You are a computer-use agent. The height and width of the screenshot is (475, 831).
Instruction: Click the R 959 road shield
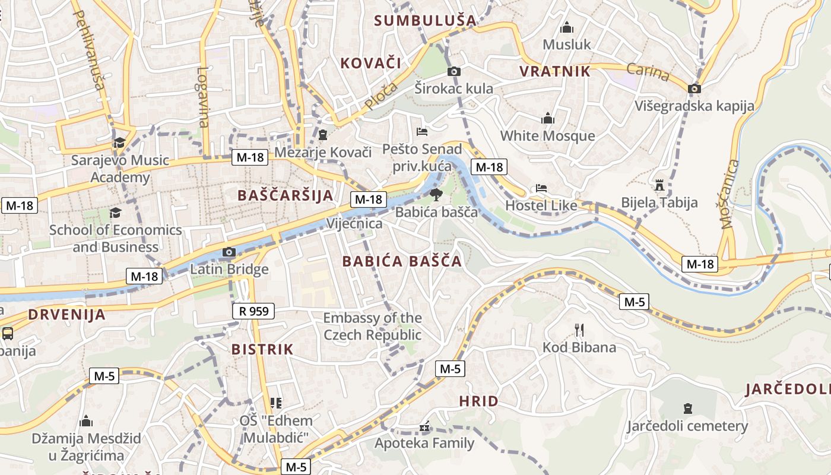coord(253,311)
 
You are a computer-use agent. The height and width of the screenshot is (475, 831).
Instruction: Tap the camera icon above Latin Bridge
coord(229,252)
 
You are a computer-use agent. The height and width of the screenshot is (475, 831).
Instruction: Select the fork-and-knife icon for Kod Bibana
coord(579,330)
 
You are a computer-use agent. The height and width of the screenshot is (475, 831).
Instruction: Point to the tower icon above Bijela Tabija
coord(659,185)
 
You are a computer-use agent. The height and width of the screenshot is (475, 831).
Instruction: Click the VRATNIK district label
coord(555,72)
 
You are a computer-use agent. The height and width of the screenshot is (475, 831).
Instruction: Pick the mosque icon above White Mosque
coord(547,119)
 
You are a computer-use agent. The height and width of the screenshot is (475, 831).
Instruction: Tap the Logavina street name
coord(203,97)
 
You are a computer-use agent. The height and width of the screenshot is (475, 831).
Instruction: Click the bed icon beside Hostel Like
coord(541,188)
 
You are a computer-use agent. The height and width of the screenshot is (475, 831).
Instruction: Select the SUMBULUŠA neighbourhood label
coord(426,21)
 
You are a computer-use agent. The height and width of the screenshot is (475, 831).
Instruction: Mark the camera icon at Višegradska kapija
coord(694,89)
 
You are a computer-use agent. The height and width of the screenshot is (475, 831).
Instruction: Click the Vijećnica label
coord(355,224)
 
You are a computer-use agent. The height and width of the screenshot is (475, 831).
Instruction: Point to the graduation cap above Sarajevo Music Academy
coord(119,142)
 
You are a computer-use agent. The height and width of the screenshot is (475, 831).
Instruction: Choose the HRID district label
coord(478,401)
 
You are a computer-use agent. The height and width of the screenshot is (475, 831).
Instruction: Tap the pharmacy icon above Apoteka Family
coord(424,426)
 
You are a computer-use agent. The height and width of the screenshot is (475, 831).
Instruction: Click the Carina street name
coord(648,72)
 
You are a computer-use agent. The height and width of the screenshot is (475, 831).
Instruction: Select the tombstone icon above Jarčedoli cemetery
coord(687,408)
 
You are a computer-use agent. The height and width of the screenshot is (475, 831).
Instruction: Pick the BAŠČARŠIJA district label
coord(285,195)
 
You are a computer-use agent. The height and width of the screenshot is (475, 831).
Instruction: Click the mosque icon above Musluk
coord(567,28)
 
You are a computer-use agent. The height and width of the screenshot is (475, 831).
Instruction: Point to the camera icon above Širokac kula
coord(453,72)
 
